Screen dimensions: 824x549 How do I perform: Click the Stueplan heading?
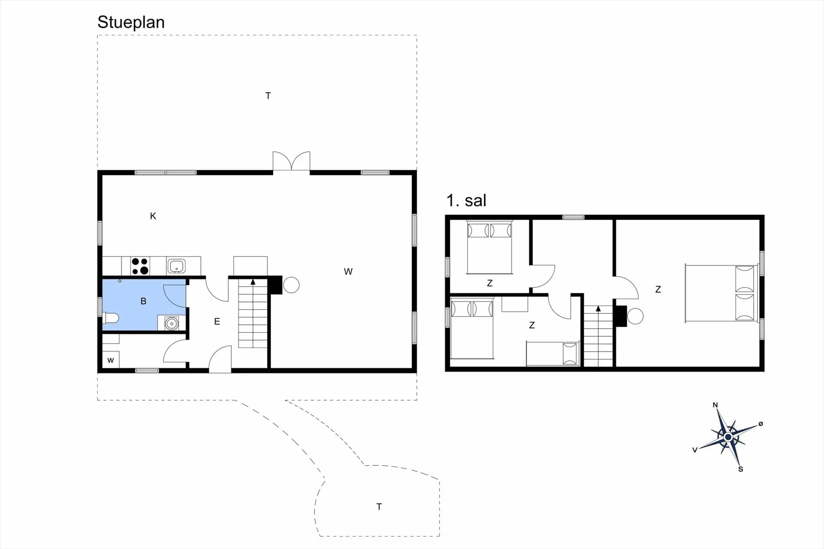tap(131, 23)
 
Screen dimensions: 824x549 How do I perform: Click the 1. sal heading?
tap(466, 200)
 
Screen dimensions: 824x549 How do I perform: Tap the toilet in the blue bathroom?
tap(110, 318)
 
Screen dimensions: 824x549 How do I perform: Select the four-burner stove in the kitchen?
tap(140, 266)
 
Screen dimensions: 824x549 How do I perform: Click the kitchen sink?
tap(176, 266)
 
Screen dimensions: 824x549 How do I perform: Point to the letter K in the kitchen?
tap(153, 216)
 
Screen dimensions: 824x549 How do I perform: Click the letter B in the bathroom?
tap(143, 301)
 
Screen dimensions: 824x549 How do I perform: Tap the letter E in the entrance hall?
tap(217, 321)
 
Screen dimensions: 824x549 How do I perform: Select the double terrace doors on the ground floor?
tap(291, 161)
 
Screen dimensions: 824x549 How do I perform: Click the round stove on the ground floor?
tap(291, 285)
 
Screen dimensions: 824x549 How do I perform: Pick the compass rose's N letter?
tap(715, 405)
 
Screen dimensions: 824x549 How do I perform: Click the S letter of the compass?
tap(740, 469)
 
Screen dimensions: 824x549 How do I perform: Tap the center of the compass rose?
tap(728, 437)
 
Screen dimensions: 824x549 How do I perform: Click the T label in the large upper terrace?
tap(268, 96)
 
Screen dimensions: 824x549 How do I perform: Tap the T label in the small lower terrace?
tap(379, 507)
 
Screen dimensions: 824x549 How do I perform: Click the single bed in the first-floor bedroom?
tap(553, 354)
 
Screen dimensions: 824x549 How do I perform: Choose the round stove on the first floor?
tap(635, 317)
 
